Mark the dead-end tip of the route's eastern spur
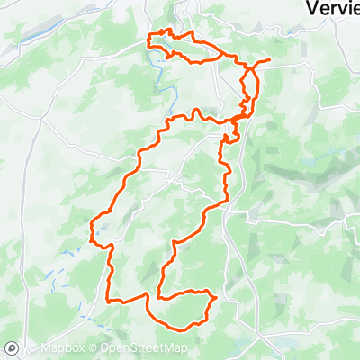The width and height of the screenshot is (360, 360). click(269, 60)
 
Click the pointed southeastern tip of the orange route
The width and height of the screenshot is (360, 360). click(218, 296)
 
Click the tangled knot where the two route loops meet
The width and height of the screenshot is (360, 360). click(238, 120)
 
